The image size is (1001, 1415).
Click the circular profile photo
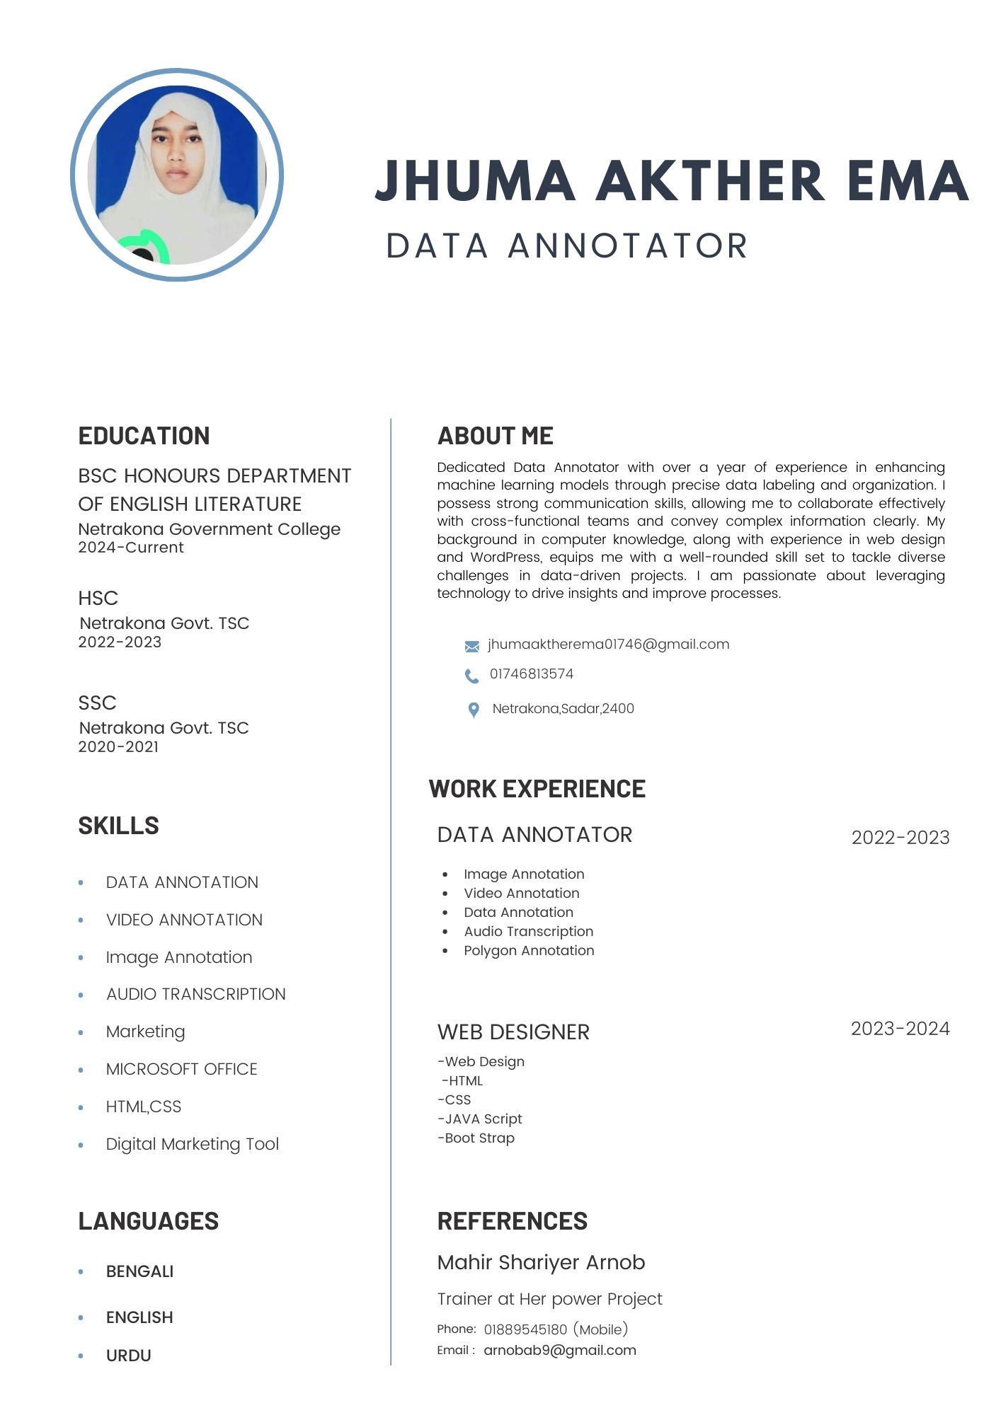coord(177,175)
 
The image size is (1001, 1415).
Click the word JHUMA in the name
coord(474,180)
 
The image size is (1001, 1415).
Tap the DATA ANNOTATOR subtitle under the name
coord(566,246)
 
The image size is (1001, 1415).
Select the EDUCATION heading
coord(144,436)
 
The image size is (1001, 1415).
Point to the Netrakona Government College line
coord(209,529)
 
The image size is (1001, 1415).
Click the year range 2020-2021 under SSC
coord(118,747)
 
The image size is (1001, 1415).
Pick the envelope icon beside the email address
coord(471,646)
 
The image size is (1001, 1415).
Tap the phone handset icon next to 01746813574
coord(471,676)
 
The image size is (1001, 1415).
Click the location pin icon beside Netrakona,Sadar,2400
coord(474,710)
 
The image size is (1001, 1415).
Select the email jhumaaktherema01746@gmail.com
coord(608,645)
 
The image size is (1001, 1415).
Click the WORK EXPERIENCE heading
coord(537,789)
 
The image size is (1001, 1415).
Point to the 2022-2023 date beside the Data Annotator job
coord(900,838)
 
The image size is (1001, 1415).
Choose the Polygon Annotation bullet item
coord(529,951)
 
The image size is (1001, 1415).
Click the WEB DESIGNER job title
coord(513,1032)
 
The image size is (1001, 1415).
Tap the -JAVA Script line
coord(480,1119)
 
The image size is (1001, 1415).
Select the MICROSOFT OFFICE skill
coord(181,1069)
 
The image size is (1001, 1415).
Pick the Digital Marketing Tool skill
coord(192,1144)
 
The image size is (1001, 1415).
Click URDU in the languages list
coord(128,1356)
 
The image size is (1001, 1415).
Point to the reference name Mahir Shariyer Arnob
coord(541,1262)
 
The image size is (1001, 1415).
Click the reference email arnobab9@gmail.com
coord(559,1350)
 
